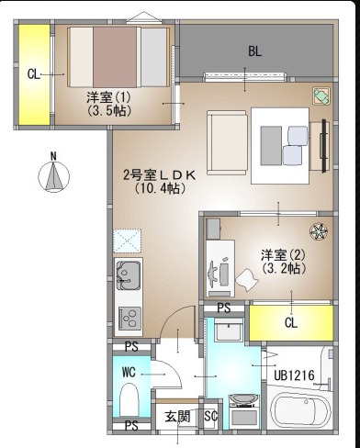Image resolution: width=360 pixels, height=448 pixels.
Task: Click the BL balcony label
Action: click(x=254, y=51)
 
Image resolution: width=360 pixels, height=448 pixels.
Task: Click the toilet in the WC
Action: click(x=129, y=398)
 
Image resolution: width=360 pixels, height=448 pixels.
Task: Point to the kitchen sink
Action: click(x=129, y=275)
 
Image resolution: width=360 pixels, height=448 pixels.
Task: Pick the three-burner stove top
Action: click(x=130, y=319)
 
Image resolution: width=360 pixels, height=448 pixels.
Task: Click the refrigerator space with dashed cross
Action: click(x=128, y=241)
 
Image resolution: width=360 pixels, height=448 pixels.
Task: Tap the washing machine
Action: click(x=244, y=411)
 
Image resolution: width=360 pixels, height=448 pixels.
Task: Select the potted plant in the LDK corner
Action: click(x=321, y=95)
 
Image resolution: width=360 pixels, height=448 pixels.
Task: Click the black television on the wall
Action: click(x=323, y=146)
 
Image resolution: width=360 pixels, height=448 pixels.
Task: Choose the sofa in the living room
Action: click(x=227, y=142)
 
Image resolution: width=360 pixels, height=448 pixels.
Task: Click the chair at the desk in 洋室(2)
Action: click(x=247, y=280)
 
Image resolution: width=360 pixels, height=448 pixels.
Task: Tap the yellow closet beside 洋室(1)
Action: click(x=34, y=74)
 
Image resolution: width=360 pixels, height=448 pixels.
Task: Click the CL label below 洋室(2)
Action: click(x=290, y=323)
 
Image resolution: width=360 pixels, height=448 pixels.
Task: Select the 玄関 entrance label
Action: click(x=177, y=417)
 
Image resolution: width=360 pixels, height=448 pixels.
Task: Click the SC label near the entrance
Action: click(x=211, y=416)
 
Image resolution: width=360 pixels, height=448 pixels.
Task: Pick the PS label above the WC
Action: click(x=131, y=347)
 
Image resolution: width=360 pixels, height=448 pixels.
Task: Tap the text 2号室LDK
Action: click(x=159, y=175)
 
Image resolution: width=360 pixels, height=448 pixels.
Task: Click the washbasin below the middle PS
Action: click(x=229, y=330)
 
